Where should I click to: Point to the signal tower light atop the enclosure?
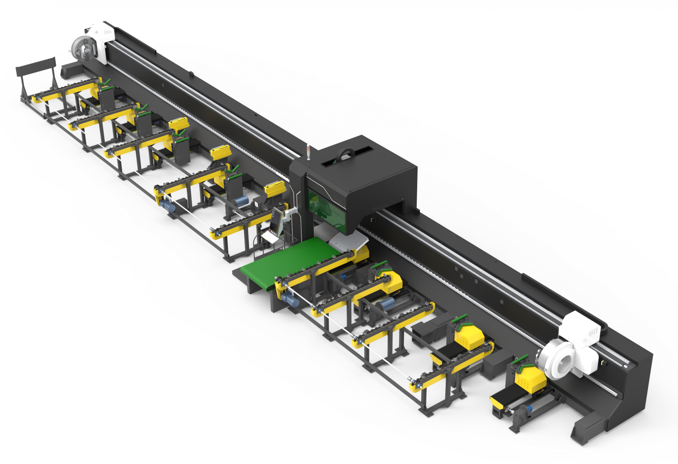coord(308,151)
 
